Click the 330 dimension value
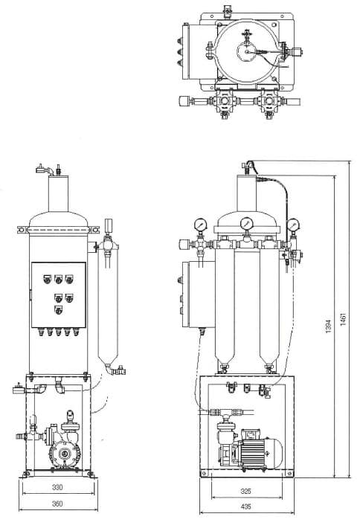[x=57, y=487]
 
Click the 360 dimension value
[x=57, y=503]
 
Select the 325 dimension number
[x=246, y=492]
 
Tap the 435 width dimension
[x=246, y=506]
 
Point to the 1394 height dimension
[x=328, y=326]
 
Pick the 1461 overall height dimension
[x=344, y=318]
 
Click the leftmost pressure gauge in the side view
[x=201, y=225]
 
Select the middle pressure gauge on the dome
[x=246, y=224]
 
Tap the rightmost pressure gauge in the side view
[x=292, y=224]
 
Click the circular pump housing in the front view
[x=65, y=452]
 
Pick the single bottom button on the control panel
[x=58, y=310]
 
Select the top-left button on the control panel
[x=48, y=280]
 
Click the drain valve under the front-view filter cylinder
[x=118, y=370]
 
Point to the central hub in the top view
[x=248, y=52]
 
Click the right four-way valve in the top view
[x=270, y=101]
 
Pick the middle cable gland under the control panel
[x=59, y=332]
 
